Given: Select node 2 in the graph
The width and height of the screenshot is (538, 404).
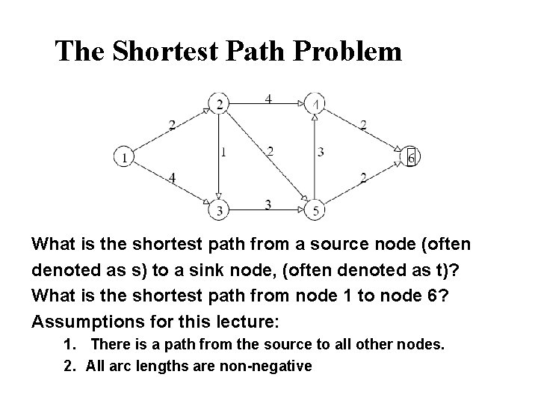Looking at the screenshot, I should click(x=220, y=103).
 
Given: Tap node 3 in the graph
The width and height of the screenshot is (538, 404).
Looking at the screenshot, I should click(x=219, y=211).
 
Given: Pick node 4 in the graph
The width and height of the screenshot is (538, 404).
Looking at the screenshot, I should click(x=316, y=103).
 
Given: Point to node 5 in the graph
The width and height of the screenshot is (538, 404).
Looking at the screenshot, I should click(x=316, y=211).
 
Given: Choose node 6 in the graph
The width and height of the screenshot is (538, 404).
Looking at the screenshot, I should click(x=411, y=157).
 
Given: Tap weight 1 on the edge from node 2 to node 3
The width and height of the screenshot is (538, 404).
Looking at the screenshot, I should click(x=225, y=153).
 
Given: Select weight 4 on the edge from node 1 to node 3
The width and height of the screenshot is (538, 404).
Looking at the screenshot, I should click(x=173, y=178).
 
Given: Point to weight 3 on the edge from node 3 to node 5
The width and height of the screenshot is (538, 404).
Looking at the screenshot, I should click(x=268, y=204).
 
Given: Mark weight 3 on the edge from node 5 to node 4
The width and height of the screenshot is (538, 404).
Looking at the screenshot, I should click(x=321, y=153).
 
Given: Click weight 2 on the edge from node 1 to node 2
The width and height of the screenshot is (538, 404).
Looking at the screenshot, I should click(x=172, y=125).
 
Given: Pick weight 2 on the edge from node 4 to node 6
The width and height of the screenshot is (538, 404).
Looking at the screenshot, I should click(x=363, y=125).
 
